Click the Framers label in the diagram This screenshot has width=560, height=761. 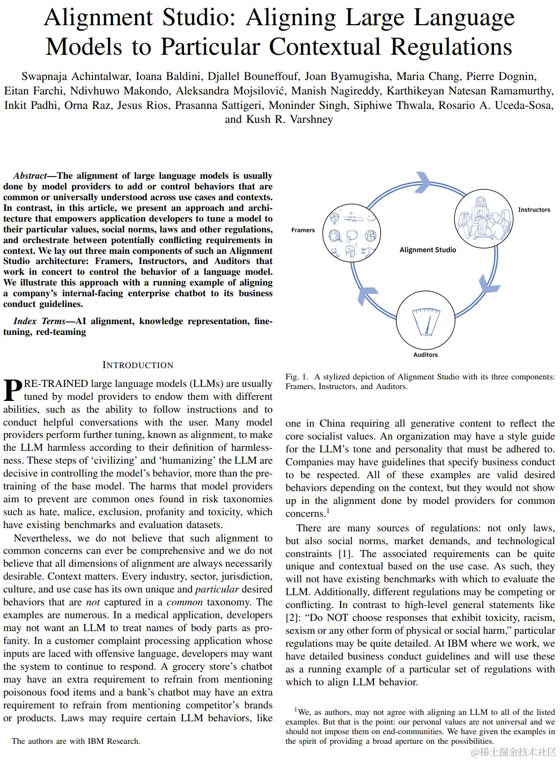[303, 230]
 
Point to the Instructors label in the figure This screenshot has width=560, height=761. [534, 210]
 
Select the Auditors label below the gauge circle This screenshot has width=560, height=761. [425, 355]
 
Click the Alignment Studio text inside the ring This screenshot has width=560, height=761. [428, 250]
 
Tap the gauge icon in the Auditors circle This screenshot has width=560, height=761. [426, 321]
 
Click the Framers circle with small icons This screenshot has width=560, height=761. [352, 234]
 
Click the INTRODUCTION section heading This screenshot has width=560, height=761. [138, 365]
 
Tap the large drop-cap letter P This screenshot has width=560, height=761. [13, 390]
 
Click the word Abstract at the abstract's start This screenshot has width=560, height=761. [30, 176]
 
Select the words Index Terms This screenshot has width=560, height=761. [39, 321]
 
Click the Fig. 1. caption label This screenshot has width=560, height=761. [297, 377]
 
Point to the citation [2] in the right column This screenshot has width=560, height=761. [293, 618]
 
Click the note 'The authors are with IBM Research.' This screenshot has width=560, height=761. [76, 741]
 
